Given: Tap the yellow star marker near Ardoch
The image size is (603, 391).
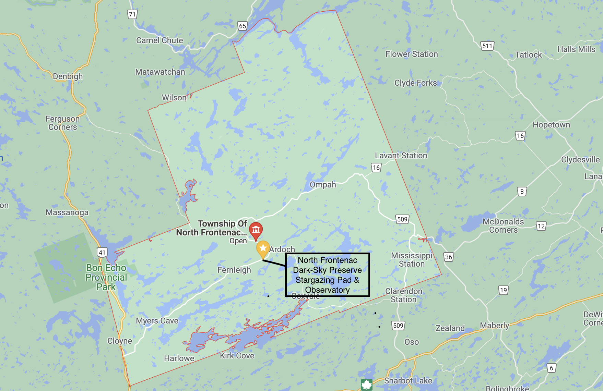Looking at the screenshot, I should coord(263,248).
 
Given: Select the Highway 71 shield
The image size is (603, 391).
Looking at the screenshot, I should coord(132,14).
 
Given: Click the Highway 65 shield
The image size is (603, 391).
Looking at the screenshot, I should coord(243,26).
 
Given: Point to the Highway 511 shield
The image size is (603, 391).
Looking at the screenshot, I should coord(487,46).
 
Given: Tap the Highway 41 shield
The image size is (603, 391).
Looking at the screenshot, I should coord(102,253).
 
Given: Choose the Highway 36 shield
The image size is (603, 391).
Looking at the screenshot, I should coord(448,257).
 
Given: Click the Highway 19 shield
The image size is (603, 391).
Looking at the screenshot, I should coord(503,291).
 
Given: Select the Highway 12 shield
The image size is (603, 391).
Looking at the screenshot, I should coord(541,226).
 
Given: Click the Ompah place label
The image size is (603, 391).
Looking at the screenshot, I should coord(323,185).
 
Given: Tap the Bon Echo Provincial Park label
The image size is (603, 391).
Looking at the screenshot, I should coord(106,277).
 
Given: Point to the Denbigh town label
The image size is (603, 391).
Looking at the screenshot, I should coord(68,76).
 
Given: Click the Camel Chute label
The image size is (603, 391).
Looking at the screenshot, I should coord(159,40).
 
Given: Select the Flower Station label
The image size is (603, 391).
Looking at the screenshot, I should coord(412,54).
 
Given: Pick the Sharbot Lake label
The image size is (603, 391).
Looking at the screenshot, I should coord(408,381).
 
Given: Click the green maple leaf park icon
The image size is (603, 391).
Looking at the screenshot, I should coord(366,384).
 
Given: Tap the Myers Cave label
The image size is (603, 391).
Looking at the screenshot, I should coord(157,321).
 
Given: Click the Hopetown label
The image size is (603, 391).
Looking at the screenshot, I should coord(551,125).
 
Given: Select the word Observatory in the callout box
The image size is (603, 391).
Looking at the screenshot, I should coord(327,290).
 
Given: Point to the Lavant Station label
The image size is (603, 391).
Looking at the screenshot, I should coord(401,156).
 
